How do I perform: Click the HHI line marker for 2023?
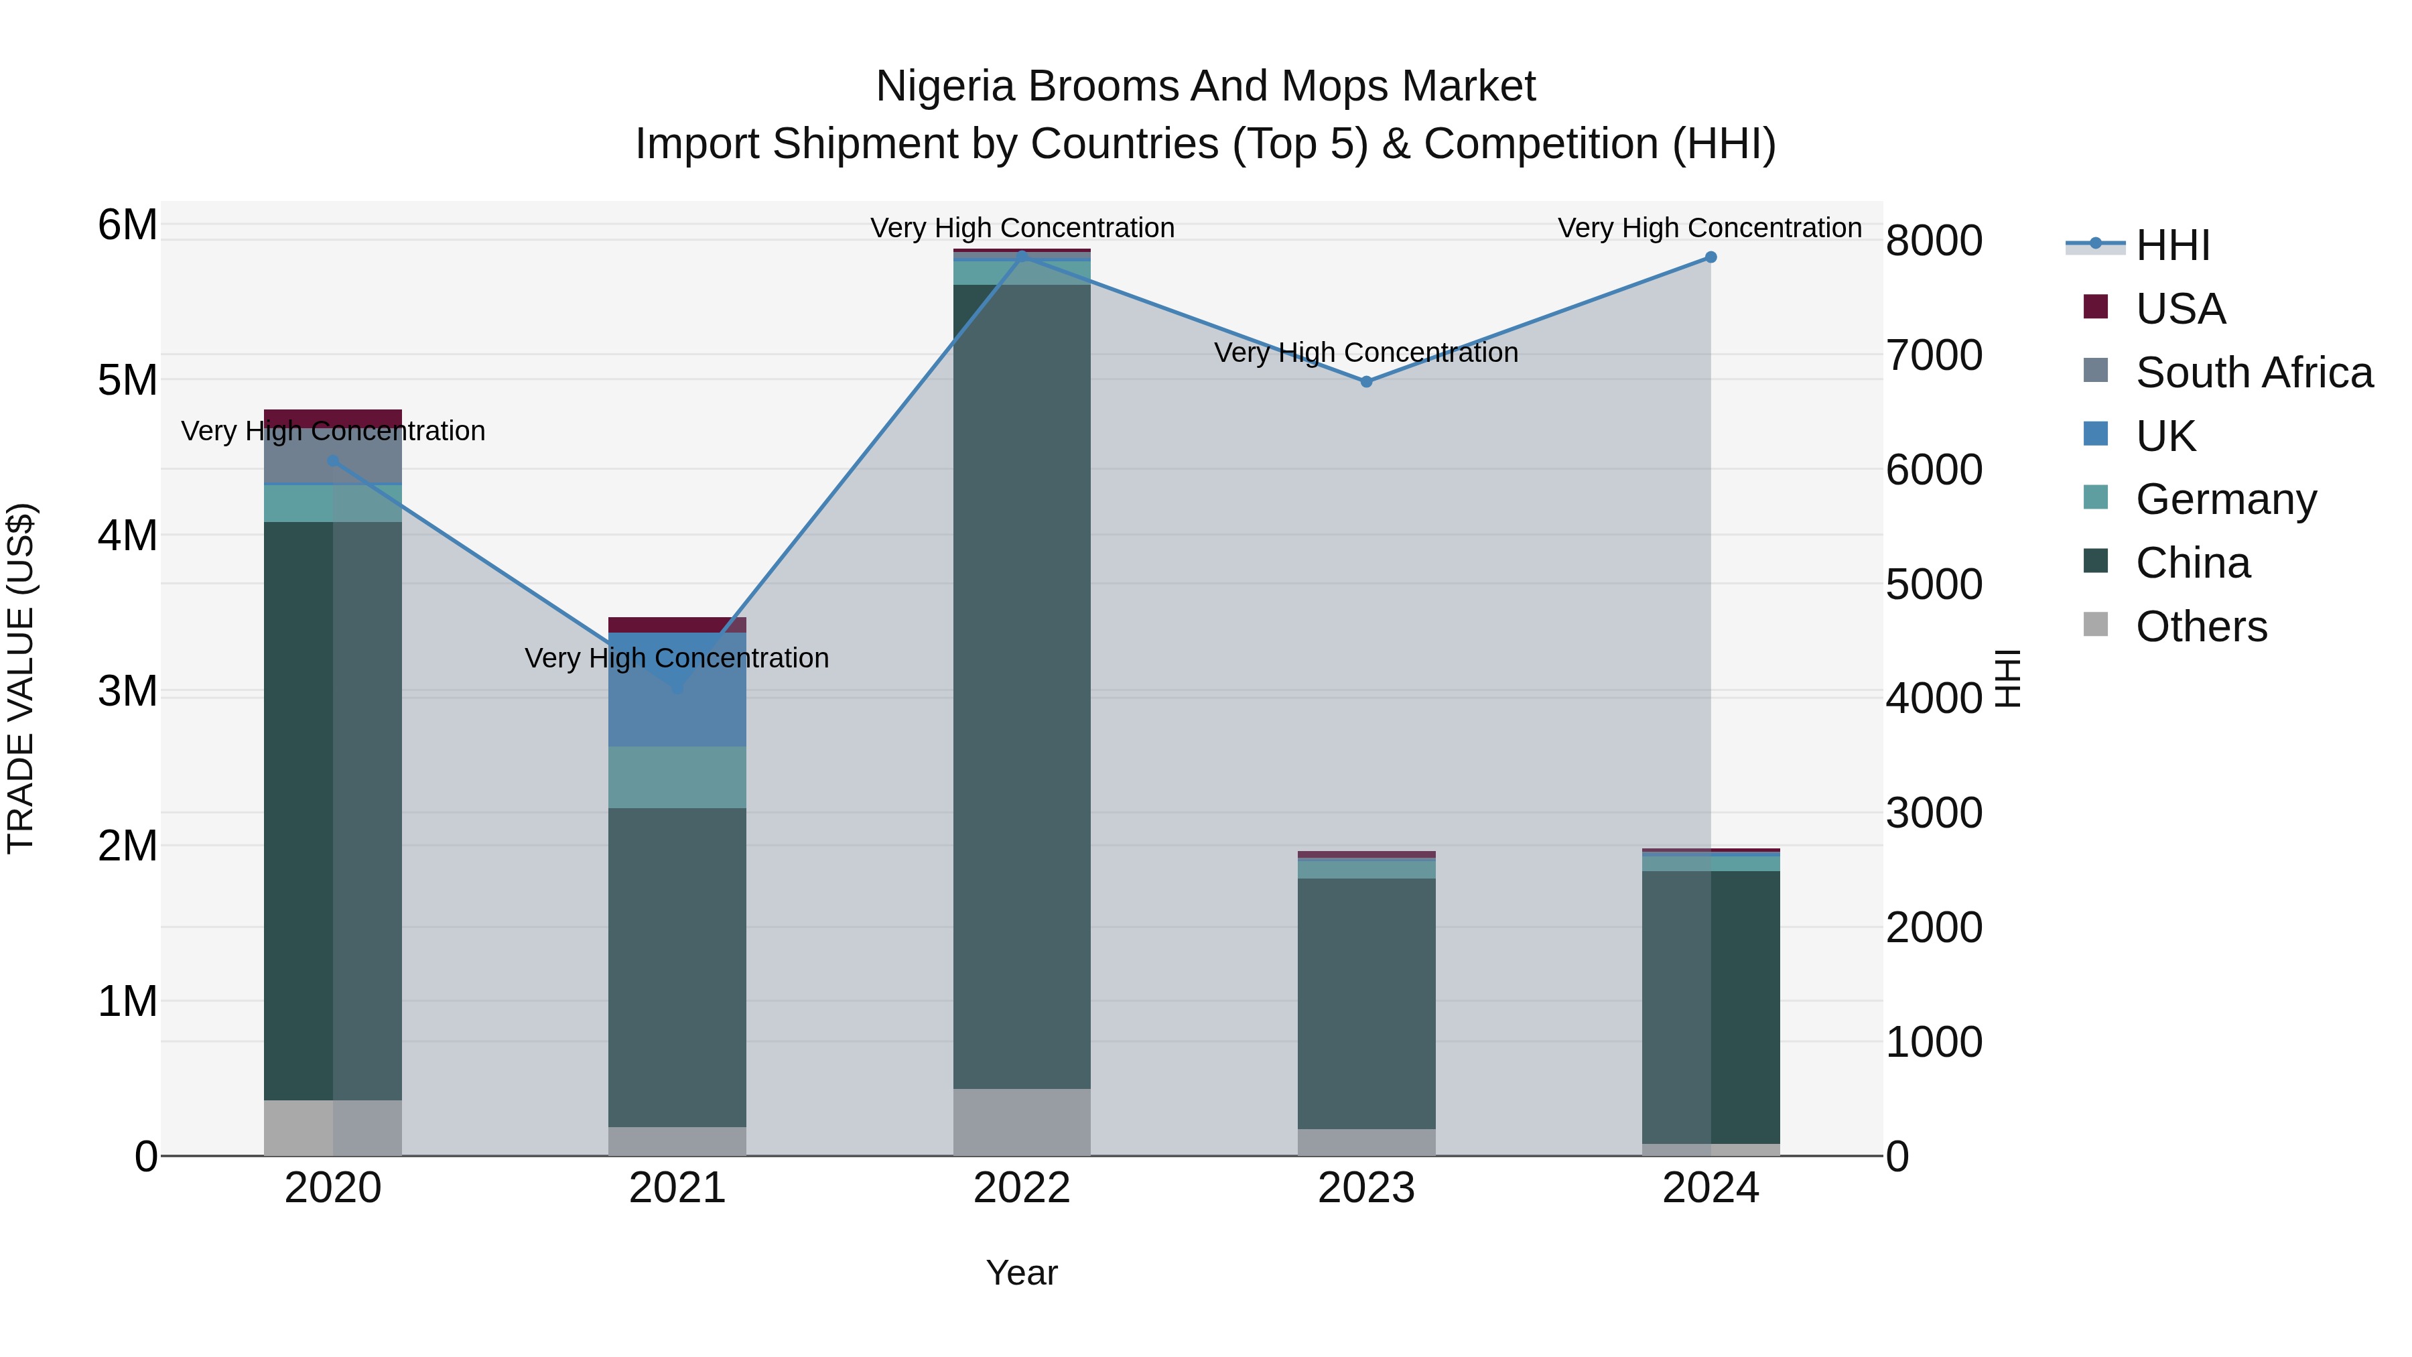1366,382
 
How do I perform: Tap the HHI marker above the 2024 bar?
1711,257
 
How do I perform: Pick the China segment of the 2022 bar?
1022,684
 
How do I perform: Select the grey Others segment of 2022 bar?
1022,1122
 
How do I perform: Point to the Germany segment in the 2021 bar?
677,777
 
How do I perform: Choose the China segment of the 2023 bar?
1366,1002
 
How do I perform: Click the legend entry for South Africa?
2254,373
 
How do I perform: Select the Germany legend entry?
2226,499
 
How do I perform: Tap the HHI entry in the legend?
2172,245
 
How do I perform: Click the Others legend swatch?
2096,625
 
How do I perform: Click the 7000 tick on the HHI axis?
1934,356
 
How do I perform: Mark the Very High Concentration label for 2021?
677,658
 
